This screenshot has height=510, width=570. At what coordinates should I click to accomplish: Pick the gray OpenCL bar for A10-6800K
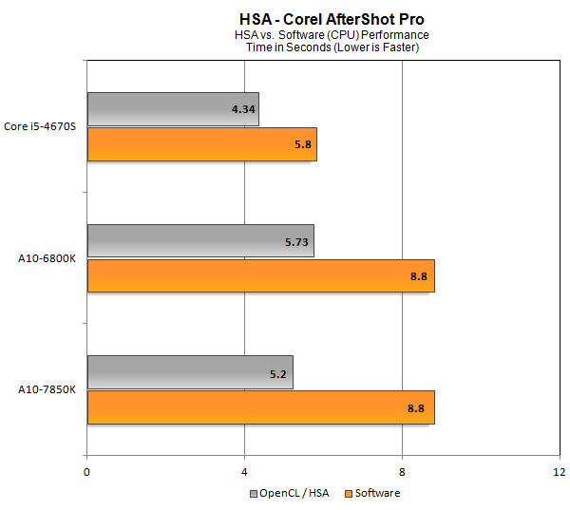click(x=200, y=241)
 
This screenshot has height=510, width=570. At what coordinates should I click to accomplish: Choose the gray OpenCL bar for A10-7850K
click(x=190, y=372)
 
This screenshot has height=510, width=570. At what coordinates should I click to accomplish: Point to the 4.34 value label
click(x=242, y=109)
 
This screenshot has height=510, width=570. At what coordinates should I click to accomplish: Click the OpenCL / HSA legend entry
click(x=291, y=493)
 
